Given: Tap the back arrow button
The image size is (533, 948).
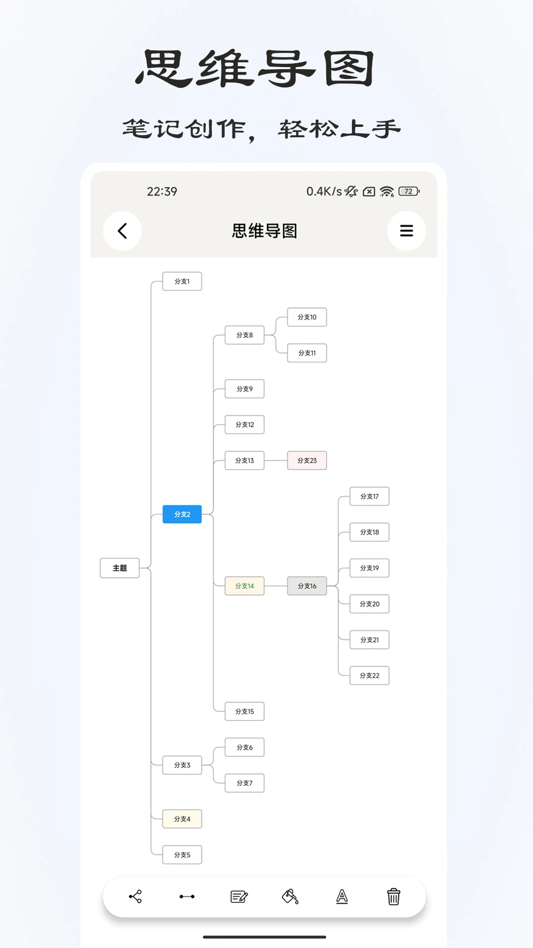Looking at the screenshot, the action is click(x=122, y=231).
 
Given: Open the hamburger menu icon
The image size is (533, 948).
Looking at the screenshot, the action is click(x=406, y=231).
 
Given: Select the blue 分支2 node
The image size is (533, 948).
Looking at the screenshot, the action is click(x=182, y=514).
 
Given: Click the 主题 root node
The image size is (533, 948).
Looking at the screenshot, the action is click(x=119, y=568).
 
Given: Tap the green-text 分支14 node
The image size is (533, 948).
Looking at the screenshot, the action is click(x=244, y=586).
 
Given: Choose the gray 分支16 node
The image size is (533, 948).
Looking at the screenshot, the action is click(x=307, y=586).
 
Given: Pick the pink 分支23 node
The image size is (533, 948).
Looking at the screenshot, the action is click(x=307, y=460).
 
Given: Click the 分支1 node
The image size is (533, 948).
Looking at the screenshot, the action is click(x=182, y=281).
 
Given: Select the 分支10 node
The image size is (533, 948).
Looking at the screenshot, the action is click(x=307, y=317).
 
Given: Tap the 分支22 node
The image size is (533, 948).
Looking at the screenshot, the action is click(x=370, y=675).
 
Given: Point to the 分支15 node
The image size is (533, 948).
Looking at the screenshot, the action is click(x=244, y=711).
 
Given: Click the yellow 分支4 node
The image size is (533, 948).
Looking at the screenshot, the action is click(x=182, y=819).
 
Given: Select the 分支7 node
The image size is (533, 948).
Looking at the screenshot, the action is click(x=244, y=783).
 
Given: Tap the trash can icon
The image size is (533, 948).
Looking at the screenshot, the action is click(x=393, y=896).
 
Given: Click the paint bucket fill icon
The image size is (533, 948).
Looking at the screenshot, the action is click(x=290, y=896).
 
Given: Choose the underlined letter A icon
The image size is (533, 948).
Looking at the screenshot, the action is click(x=342, y=896).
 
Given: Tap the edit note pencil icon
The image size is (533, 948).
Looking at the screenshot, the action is click(x=239, y=896).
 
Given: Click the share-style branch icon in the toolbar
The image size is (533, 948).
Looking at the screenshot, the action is click(x=135, y=896).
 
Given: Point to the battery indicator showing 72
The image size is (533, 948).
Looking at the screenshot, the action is click(x=409, y=191).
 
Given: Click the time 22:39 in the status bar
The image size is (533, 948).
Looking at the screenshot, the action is click(x=162, y=192).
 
